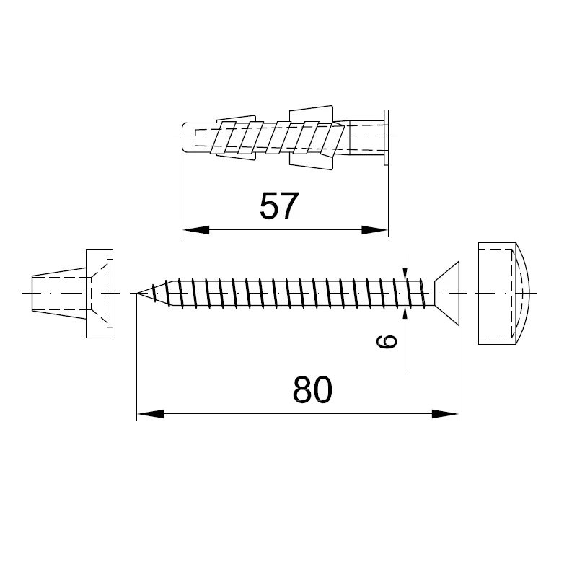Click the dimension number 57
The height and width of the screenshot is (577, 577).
[278, 206]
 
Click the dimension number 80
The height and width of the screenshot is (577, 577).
[312, 389]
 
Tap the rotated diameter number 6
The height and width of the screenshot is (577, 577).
[387, 341]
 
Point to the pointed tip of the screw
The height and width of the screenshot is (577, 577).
[138, 293]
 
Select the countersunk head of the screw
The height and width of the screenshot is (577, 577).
[447, 294]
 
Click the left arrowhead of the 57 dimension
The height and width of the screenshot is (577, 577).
[195, 230]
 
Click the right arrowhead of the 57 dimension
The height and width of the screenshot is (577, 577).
[374, 230]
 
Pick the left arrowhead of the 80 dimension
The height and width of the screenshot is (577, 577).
[150, 414]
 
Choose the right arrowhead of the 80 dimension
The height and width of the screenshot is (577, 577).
[446, 414]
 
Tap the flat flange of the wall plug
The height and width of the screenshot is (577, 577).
[386, 138]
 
